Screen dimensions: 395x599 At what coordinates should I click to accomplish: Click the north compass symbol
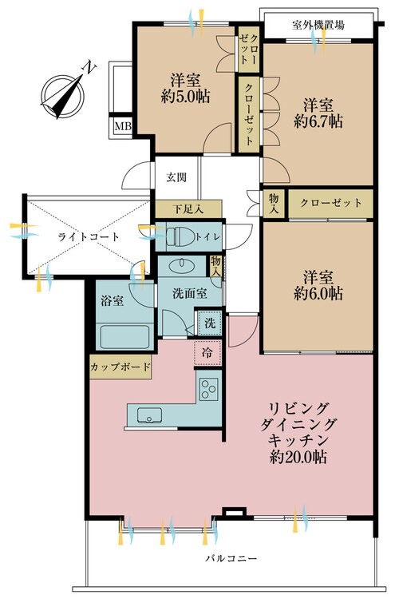62,96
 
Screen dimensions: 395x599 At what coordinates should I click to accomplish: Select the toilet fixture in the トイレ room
180,237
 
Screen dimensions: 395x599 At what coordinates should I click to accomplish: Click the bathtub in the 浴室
124,336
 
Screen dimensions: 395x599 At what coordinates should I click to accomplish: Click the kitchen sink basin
149,415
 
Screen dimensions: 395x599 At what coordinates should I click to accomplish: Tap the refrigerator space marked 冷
207,352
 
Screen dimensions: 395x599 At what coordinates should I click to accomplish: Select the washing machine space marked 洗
209,323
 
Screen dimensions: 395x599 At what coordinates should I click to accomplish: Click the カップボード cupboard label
120,367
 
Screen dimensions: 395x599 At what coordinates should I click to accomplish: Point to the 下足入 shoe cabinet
188,209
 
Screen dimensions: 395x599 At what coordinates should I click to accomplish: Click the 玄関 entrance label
176,177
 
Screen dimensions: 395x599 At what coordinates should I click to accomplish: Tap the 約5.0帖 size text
185,97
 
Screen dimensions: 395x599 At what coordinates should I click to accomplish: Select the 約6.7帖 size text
318,121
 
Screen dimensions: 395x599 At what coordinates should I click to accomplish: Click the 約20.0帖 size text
298,457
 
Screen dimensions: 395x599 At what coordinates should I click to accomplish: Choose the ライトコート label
89,237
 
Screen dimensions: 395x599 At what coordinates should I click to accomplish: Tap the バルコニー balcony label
231,558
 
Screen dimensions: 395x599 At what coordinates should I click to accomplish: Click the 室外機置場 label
318,26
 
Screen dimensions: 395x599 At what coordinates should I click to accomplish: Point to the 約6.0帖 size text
318,293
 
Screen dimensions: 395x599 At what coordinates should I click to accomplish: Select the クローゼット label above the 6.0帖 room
330,203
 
